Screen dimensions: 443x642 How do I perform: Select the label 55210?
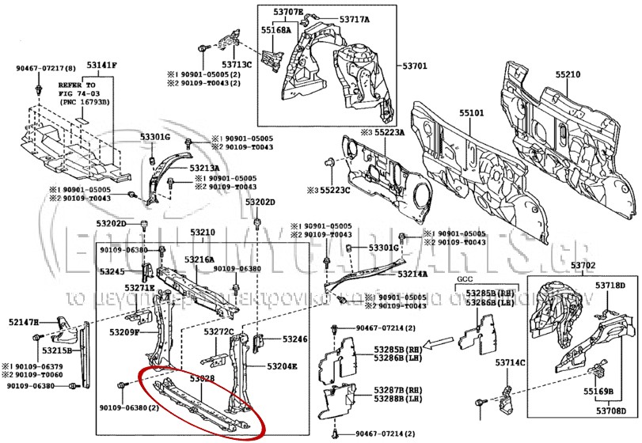[567, 74]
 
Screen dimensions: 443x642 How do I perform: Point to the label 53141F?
[102, 65]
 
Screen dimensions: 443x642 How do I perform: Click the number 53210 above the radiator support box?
[202, 233]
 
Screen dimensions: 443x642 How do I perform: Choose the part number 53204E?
[282, 366]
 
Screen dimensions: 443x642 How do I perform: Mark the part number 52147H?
[25, 322]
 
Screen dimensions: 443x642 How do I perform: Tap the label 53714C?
[511, 362]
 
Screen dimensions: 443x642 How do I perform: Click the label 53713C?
[237, 64]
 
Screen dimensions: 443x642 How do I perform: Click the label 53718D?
[610, 285]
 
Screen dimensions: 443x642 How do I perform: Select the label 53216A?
[199, 259]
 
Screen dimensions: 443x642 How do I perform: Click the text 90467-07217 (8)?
[47, 68]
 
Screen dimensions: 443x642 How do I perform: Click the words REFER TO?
[77, 84]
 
